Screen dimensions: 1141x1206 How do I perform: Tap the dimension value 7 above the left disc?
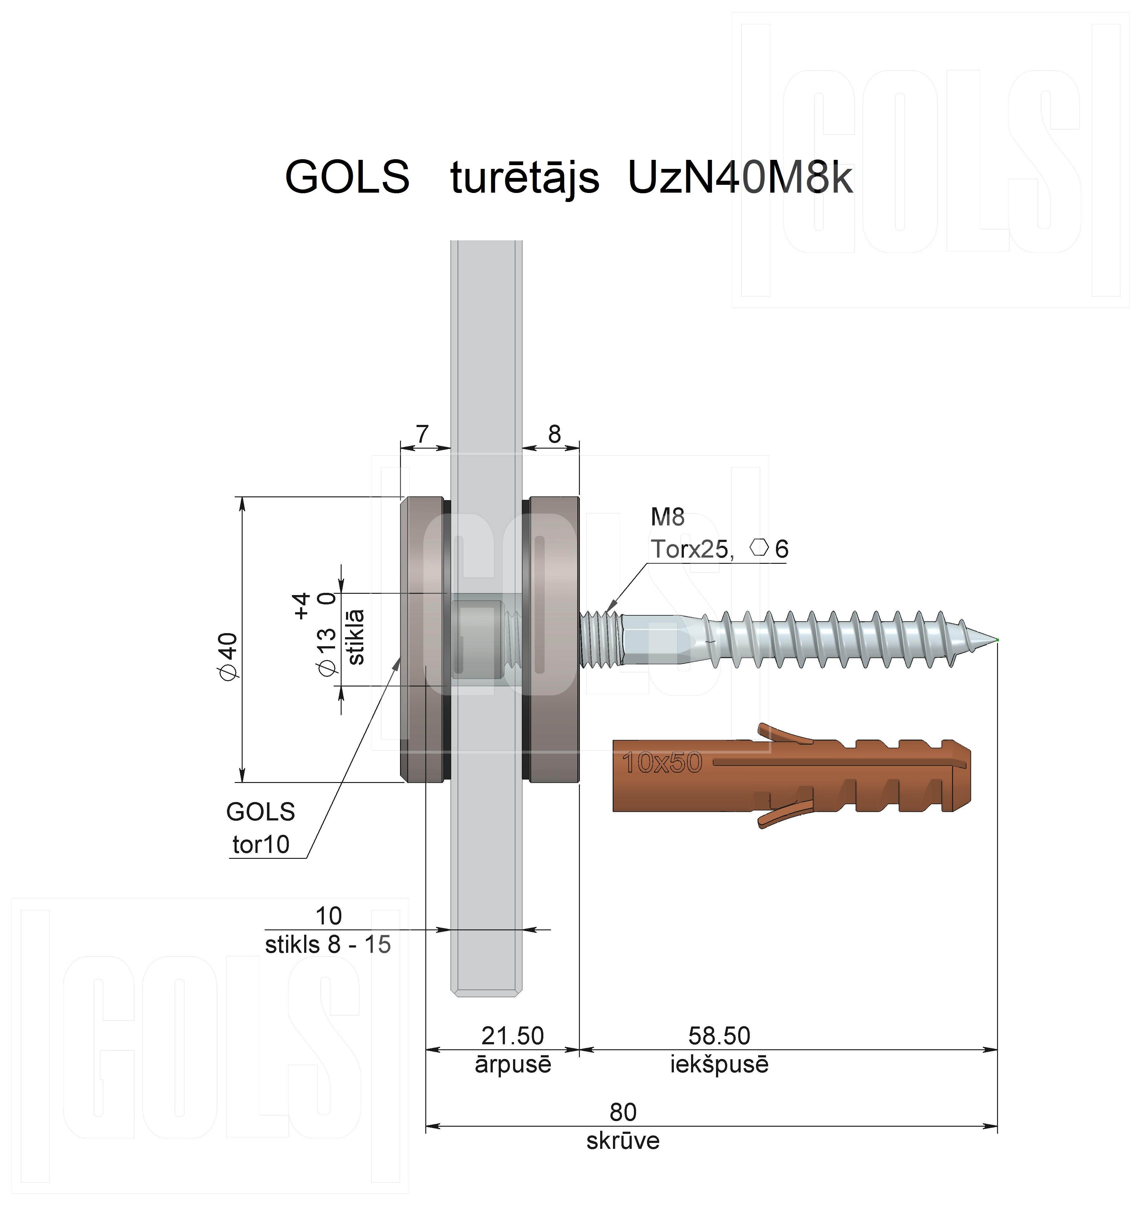click(x=422, y=434)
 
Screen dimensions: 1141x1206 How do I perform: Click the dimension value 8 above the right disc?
click(x=554, y=434)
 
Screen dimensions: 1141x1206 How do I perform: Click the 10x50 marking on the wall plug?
click(x=662, y=763)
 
